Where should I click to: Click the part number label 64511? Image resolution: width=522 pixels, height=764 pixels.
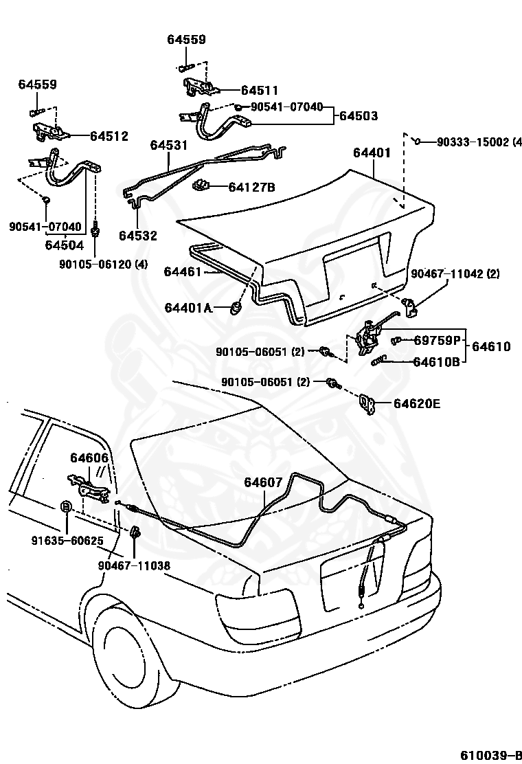(260, 90)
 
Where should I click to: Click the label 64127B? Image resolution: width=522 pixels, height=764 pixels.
(251, 187)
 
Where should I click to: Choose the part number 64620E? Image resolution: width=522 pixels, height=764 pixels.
(417, 403)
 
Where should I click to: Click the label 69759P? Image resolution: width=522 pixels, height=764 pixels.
(439, 340)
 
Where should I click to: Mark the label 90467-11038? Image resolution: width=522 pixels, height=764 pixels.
(133, 565)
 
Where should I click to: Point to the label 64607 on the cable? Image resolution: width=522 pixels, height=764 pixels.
(262, 482)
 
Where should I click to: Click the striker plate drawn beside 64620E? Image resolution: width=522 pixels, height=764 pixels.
(369, 405)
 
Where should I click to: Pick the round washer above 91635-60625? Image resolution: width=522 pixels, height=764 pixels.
(66, 506)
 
